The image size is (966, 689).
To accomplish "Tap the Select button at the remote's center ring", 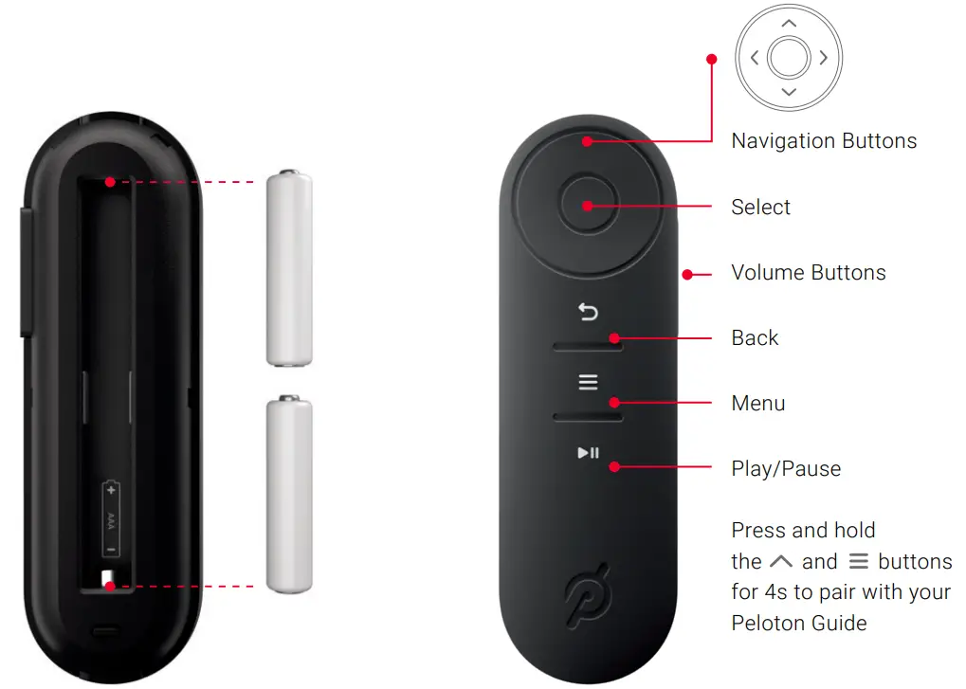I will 588,206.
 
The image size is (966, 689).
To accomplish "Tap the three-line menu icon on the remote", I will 589,382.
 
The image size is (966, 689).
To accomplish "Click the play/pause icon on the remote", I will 589,452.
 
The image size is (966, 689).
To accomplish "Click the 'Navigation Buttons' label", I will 824,141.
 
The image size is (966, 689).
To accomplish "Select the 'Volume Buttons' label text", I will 809,273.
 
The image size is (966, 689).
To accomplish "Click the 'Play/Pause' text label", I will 786,468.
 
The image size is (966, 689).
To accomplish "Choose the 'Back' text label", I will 755,338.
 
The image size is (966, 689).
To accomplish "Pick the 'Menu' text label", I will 758,404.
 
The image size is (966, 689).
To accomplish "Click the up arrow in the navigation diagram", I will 789,23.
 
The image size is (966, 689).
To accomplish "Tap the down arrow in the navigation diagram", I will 789,92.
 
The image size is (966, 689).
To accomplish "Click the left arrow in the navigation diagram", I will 755,58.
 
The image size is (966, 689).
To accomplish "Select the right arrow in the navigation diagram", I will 823,58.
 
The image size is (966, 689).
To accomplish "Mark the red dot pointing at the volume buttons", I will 684,275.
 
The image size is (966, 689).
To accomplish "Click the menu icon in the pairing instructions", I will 858,561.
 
